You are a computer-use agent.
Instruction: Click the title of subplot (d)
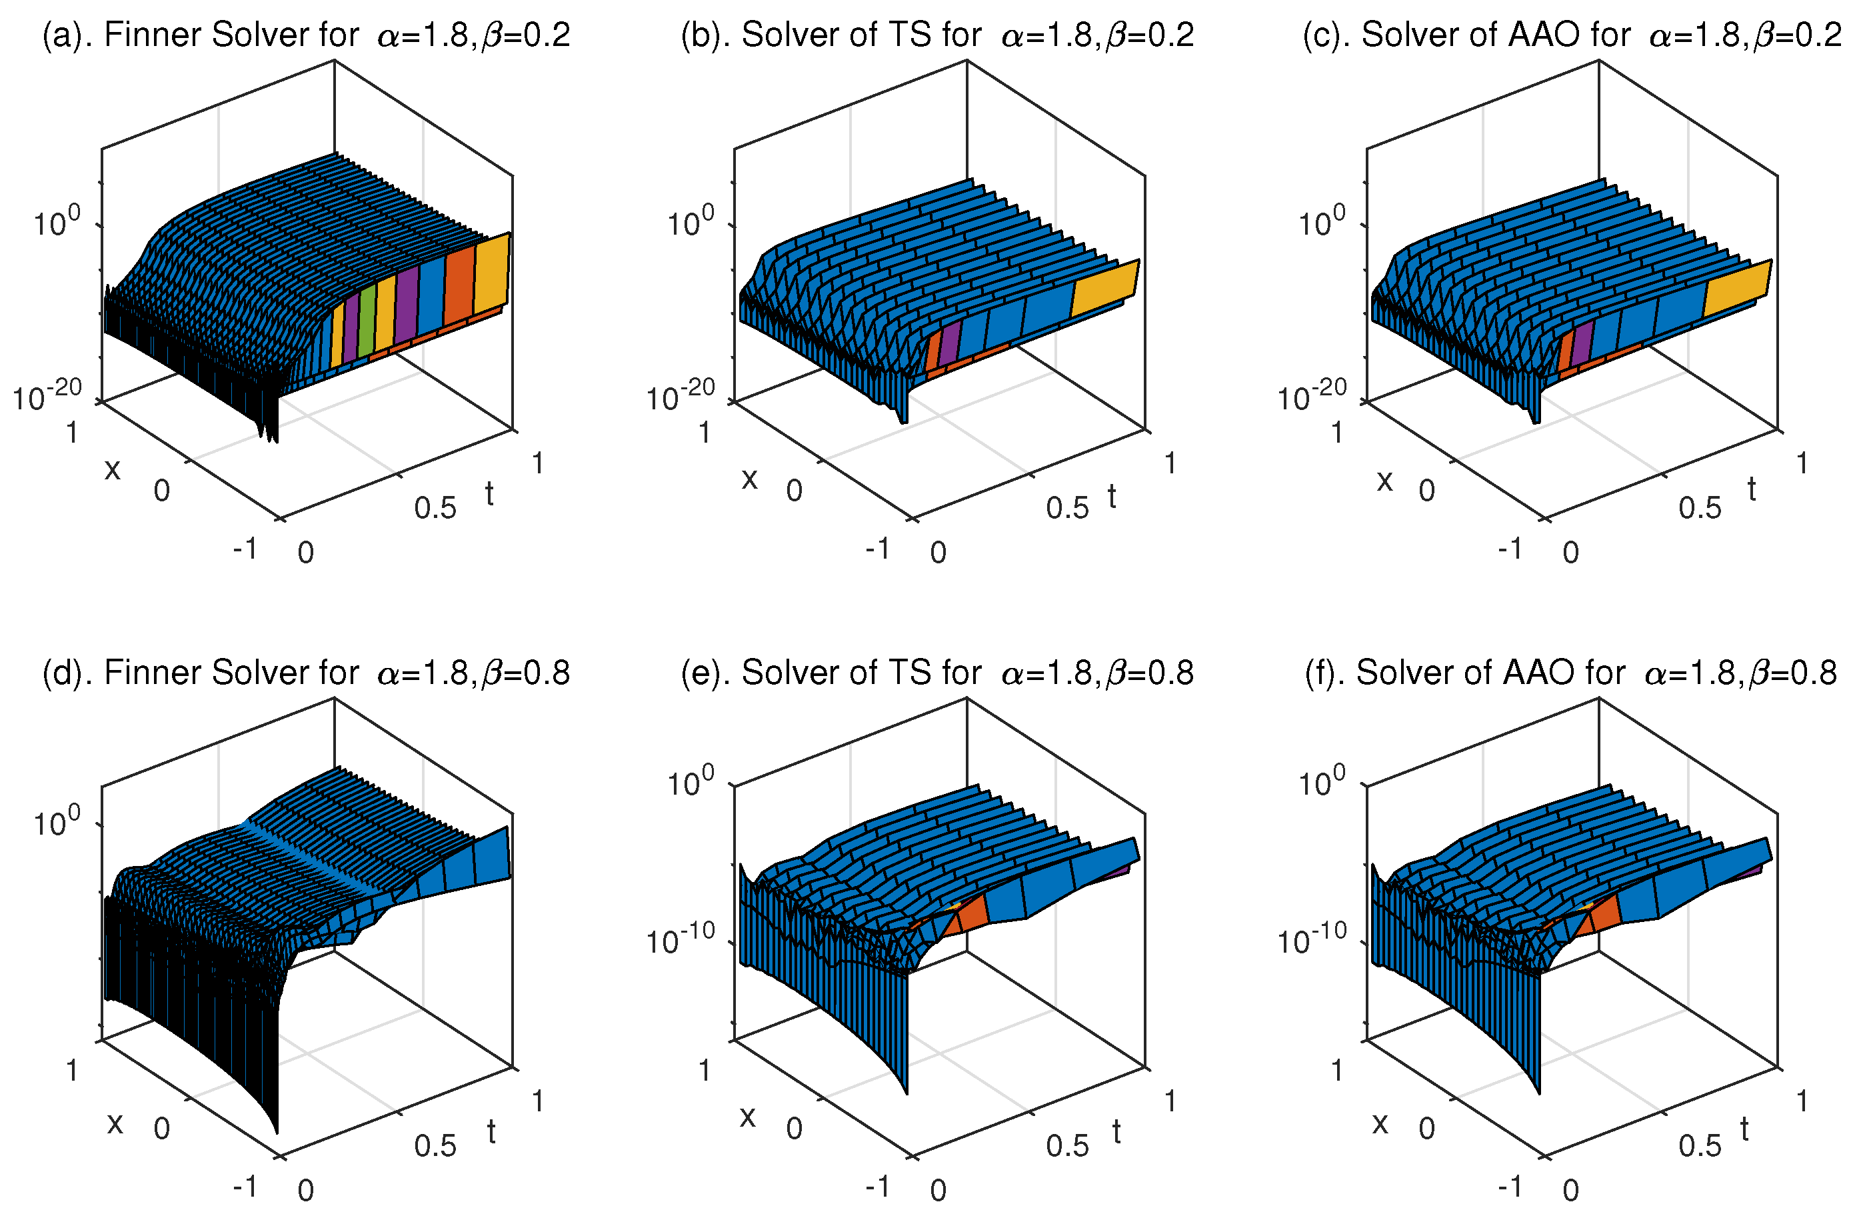306,673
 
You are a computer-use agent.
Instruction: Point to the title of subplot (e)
936,673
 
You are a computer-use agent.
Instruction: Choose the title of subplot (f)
1571,673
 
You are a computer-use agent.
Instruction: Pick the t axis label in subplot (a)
489,494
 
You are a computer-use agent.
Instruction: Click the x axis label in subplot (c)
1384,481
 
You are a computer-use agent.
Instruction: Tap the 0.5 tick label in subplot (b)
1067,509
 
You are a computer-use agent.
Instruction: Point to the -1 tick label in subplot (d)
245,1186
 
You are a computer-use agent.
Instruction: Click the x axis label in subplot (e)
747,1117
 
